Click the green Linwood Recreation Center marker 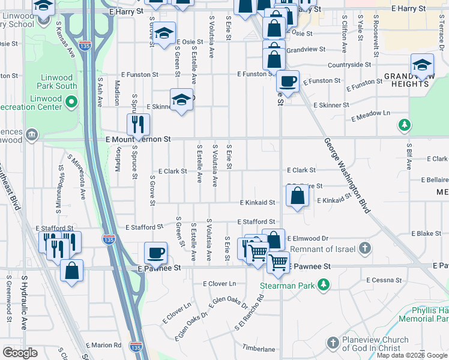tap(71, 103)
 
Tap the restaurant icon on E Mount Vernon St tap(138, 125)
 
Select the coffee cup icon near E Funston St tap(288, 81)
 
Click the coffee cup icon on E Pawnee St tap(156, 253)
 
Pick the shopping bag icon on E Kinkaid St tap(297, 196)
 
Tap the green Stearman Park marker tap(324, 284)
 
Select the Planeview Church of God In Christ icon tap(334, 343)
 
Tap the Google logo tap(20, 352)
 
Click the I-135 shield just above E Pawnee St tap(108, 238)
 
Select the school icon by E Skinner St tap(181, 100)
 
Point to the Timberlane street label tap(259, 349)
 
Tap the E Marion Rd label tap(104, 345)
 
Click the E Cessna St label tap(384, 280)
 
